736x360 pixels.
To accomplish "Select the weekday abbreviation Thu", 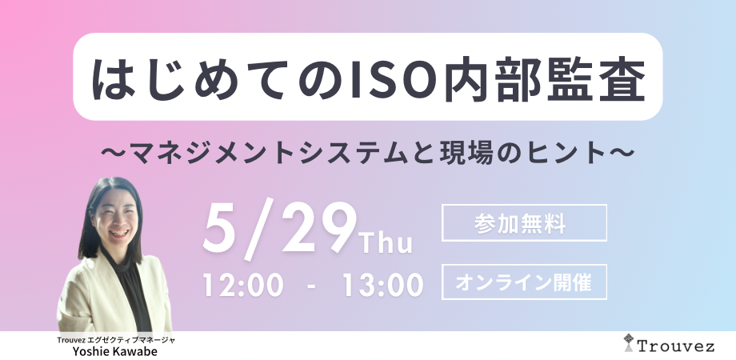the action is pos(386,243).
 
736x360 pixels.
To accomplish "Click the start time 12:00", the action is pos(243,285).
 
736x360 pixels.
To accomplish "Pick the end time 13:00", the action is pos(383,285).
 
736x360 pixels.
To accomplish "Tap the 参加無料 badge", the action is pos(524,223).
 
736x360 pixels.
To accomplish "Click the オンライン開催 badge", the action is pos(524,282).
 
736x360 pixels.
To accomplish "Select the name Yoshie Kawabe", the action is pos(115,351).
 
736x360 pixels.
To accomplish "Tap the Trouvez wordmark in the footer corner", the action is pos(675,346).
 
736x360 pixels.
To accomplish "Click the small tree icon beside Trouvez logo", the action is pos(629,342).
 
